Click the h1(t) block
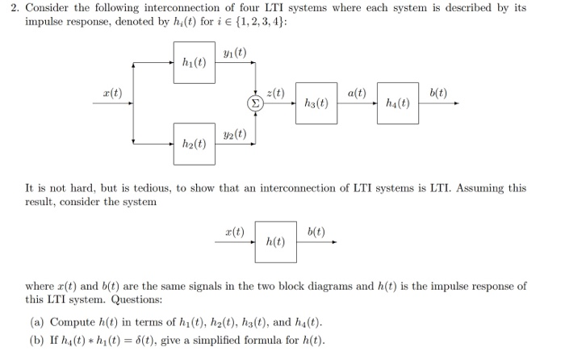point(194,63)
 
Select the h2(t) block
point(194,144)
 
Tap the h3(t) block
point(316,103)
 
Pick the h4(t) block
point(398,103)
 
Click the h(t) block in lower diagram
point(275,241)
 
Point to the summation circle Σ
point(253,103)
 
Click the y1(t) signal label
point(236,53)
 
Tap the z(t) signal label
point(275,94)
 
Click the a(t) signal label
point(357,94)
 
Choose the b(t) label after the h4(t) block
point(438,94)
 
